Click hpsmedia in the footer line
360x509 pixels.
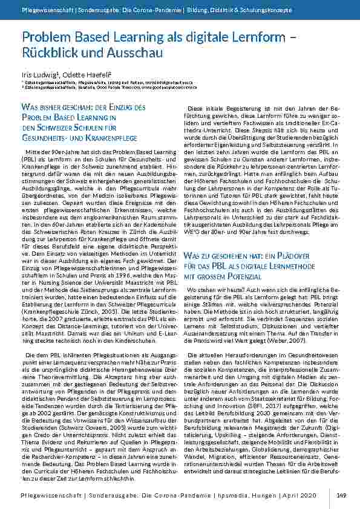pos(247,496)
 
